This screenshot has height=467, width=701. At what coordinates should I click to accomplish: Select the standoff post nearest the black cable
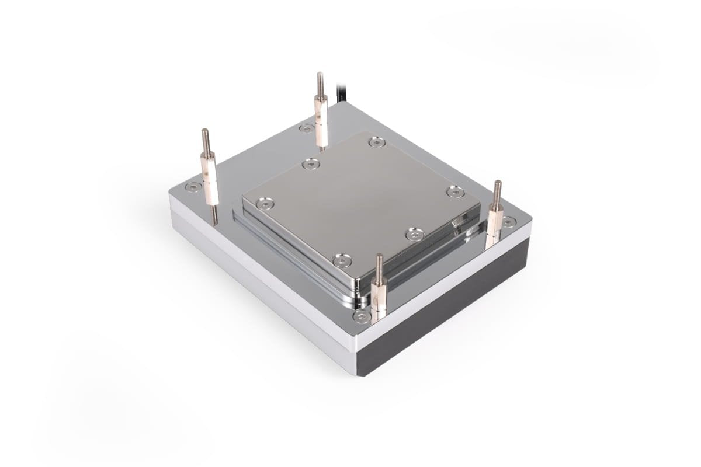point(321,117)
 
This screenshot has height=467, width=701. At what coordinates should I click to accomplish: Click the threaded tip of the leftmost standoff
point(205,139)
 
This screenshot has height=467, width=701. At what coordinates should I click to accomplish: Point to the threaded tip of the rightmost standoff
point(497,190)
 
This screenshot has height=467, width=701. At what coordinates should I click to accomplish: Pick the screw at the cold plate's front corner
point(342,260)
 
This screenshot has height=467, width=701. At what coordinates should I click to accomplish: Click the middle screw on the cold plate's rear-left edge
point(311,165)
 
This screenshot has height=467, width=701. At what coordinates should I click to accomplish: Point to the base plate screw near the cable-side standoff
point(306,128)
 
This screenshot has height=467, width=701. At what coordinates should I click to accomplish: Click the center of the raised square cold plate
point(360,198)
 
